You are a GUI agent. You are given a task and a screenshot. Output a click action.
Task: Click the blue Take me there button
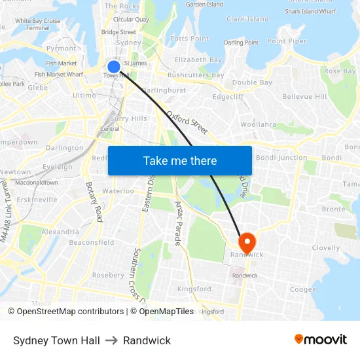(179, 160)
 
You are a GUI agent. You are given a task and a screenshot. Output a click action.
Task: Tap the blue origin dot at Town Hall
(113, 67)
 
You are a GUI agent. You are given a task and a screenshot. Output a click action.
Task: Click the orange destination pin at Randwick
(247, 242)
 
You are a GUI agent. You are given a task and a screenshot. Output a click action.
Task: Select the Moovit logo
(320, 340)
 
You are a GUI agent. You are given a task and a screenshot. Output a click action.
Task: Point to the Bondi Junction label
(281, 158)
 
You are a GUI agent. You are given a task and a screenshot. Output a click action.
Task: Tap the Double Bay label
(252, 82)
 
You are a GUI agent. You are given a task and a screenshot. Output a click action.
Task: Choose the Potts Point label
(189, 39)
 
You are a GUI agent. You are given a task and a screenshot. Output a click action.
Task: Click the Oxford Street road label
(187, 122)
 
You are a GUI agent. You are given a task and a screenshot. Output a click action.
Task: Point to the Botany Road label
(94, 202)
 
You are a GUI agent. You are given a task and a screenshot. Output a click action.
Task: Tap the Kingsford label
(194, 289)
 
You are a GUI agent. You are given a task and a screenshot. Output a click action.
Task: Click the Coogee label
(302, 290)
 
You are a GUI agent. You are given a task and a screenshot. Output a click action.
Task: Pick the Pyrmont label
(62, 48)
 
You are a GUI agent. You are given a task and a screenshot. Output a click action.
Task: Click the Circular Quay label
(131, 20)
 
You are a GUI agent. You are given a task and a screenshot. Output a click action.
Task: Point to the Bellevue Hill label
(304, 96)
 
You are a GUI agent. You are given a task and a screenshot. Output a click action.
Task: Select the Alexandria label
(60, 232)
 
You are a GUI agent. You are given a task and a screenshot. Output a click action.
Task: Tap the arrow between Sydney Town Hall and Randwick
(111, 340)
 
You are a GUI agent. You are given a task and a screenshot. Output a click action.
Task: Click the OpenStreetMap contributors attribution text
(66, 312)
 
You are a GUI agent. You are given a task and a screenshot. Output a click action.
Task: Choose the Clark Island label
(247, 19)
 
